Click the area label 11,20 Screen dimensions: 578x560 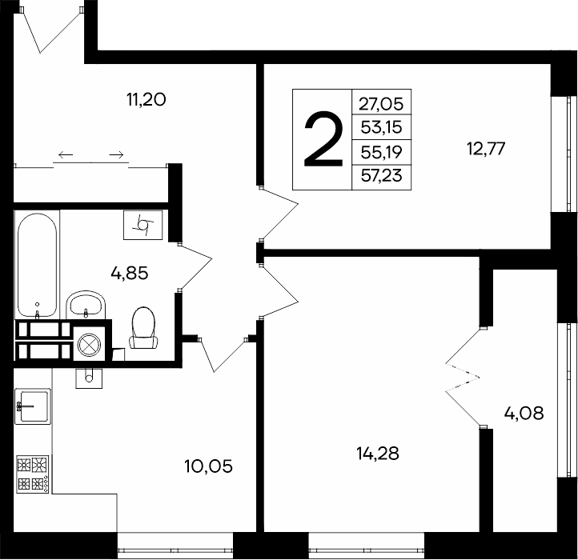(146, 99)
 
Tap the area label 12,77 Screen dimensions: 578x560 (486, 149)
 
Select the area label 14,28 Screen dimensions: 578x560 (378, 453)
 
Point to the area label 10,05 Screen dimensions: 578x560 (209, 466)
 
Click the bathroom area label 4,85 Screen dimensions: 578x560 (130, 274)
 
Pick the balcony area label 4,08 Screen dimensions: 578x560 (524, 414)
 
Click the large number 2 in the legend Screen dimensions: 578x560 (323, 140)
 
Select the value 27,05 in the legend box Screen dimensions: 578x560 (381, 104)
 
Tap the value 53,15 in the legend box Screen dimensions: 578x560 (381, 127)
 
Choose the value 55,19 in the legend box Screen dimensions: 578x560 (381, 152)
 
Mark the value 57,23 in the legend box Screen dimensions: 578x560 (381, 175)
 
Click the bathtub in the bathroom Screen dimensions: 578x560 (37, 265)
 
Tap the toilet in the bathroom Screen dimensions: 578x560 (143, 328)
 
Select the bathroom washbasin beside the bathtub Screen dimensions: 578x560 (86, 305)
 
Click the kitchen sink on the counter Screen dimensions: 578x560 (33, 406)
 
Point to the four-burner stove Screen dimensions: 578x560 (33, 474)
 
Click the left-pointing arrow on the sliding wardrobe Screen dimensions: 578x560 (66, 154)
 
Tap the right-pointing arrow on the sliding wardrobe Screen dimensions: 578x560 (116, 154)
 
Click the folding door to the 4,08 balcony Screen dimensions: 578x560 (463, 378)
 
